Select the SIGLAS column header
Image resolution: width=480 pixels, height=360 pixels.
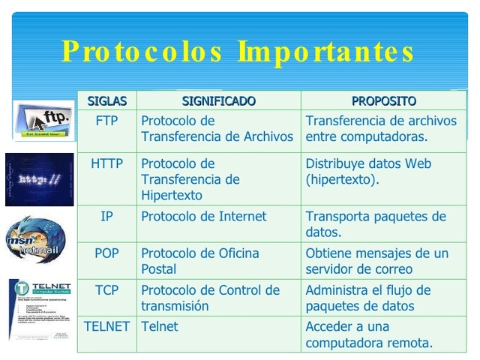click(x=107, y=100)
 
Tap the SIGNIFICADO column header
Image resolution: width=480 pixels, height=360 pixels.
click(x=218, y=100)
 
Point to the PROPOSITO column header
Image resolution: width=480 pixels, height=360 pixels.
click(x=383, y=100)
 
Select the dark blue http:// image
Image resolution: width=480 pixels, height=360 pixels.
click(x=39, y=179)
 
